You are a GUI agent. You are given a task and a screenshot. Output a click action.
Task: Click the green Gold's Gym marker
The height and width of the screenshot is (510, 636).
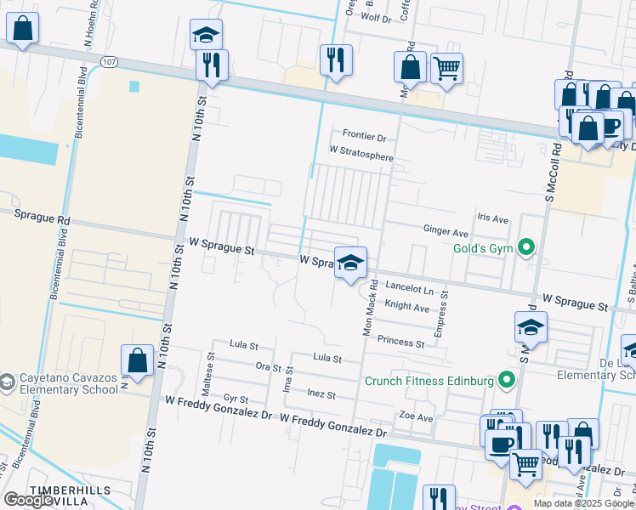pyautogui.click(x=526, y=247)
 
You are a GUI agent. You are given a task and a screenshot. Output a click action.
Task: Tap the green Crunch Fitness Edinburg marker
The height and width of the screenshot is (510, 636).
pyautogui.click(x=508, y=380)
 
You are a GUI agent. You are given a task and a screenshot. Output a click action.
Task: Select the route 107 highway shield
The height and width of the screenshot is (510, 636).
pyautogui.click(x=108, y=62)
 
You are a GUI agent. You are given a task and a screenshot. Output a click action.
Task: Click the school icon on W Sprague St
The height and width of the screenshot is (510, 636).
pyautogui.click(x=349, y=263)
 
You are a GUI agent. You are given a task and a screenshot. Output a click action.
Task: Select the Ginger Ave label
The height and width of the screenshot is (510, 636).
pyautogui.click(x=446, y=231)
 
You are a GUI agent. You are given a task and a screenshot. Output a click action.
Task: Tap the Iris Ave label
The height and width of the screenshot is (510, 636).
pyautogui.click(x=492, y=218)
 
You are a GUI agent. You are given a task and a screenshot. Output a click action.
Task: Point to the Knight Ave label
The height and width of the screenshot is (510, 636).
pyautogui.click(x=406, y=307)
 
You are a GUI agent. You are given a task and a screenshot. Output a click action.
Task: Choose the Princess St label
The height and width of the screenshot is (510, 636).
pyautogui.click(x=401, y=343)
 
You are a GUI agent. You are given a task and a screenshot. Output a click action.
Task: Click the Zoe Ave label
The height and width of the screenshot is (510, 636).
pyautogui.click(x=417, y=417)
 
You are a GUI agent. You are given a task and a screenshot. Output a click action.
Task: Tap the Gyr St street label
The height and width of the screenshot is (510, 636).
pyautogui.click(x=236, y=399)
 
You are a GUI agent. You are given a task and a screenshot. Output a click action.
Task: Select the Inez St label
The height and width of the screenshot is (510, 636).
pyautogui.click(x=321, y=395)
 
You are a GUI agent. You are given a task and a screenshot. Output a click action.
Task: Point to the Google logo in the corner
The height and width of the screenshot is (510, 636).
pyautogui.click(x=28, y=500)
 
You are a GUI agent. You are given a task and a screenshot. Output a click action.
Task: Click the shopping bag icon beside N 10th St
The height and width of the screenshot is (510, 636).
pyautogui.click(x=137, y=361)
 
